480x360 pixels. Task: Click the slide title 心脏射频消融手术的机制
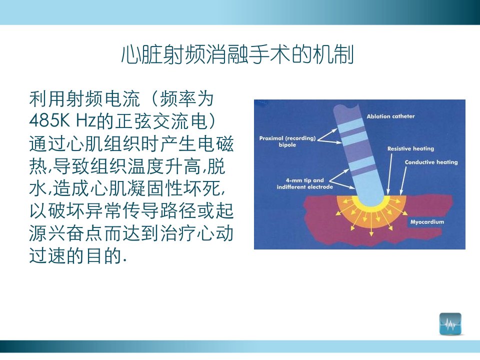click(x=237, y=55)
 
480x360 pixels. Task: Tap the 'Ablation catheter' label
click(x=390, y=116)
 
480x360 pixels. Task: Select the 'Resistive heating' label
click(x=410, y=149)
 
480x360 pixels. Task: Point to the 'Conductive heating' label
click(x=431, y=162)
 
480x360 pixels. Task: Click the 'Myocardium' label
click(x=427, y=221)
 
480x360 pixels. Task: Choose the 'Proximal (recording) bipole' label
click(x=287, y=141)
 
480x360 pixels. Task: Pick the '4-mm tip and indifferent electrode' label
click(x=304, y=183)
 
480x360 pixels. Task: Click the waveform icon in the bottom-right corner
click(x=450, y=324)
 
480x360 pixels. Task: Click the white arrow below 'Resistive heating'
click(x=389, y=174)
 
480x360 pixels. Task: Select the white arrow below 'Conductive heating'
click(x=403, y=180)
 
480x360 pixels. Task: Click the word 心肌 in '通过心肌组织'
click(x=85, y=143)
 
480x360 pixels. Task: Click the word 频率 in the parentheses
click(x=177, y=99)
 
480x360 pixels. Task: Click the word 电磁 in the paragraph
click(x=215, y=143)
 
